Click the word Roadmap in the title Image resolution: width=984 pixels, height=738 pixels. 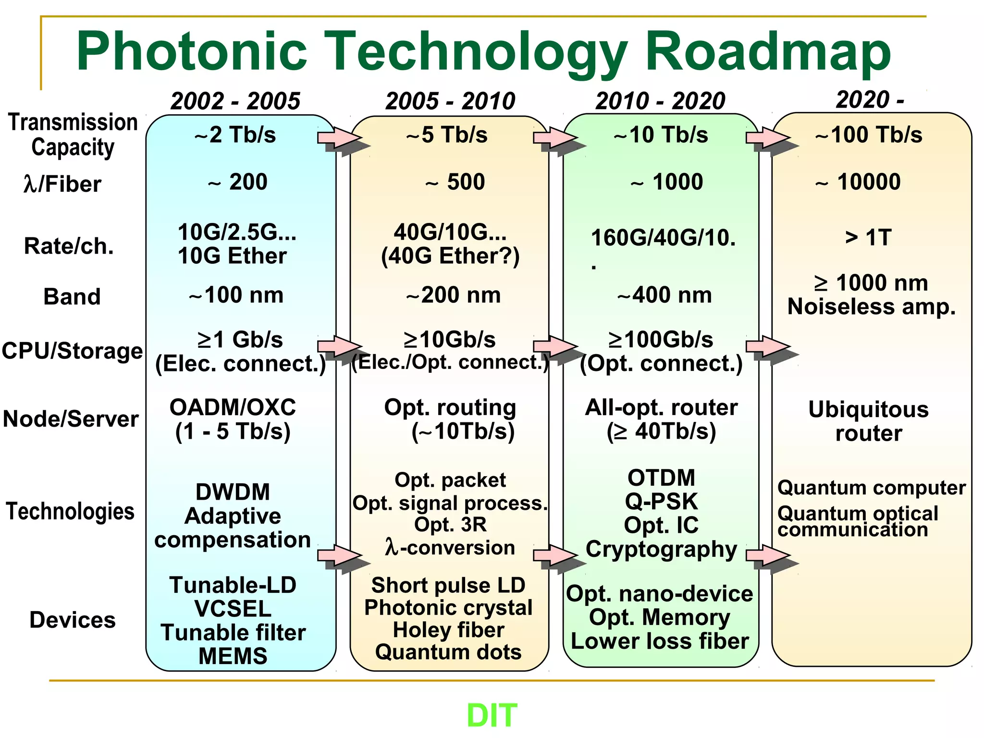(x=767, y=51)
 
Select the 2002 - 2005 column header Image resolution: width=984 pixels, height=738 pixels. (x=235, y=101)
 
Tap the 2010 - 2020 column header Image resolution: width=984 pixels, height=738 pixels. (x=660, y=101)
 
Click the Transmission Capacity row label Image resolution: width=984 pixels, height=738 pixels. (x=73, y=135)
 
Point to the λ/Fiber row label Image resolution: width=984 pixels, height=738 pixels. (x=62, y=184)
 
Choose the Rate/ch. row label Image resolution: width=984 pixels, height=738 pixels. (x=69, y=246)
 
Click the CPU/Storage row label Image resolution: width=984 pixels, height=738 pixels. (x=72, y=351)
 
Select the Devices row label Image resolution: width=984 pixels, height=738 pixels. (x=73, y=620)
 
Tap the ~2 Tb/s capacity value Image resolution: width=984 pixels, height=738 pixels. (x=235, y=135)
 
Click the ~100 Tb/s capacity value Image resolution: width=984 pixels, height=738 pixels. (x=869, y=135)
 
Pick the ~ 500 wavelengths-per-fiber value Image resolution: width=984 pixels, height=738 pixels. (x=455, y=182)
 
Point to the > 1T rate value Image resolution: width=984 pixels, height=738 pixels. (x=868, y=237)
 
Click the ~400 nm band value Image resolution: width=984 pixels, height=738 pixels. (x=664, y=295)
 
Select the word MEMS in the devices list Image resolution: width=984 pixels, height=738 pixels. (x=233, y=656)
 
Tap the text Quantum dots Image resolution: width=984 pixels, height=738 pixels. (x=448, y=652)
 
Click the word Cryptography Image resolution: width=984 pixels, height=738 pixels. (x=661, y=549)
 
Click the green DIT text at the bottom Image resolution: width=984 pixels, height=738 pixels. (x=492, y=715)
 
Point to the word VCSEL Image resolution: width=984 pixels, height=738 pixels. (x=233, y=609)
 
